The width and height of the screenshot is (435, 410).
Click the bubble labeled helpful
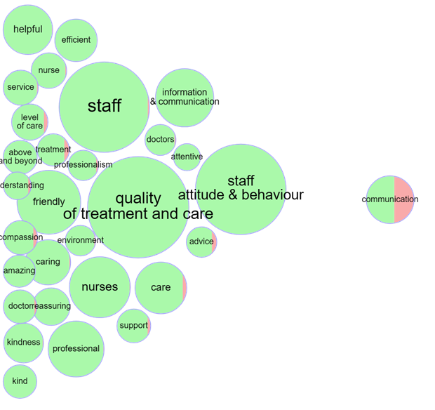[x=27, y=29]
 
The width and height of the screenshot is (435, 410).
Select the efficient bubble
[x=76, y=40]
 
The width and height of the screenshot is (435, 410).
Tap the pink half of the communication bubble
[x=405, y=200]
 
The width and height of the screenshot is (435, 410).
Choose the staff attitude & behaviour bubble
[x=241, y=188]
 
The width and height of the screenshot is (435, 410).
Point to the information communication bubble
[x=185, y=97]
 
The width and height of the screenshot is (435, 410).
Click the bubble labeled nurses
[x=100, y=286]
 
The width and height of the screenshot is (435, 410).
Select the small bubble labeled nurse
[x=49, y=70]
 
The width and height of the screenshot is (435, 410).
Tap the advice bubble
[x=201, y=242]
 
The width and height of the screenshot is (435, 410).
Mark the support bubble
[x=133, y=325]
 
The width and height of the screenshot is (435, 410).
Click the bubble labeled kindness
[x=23, y=343]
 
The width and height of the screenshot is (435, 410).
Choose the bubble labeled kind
[x=20, y=381]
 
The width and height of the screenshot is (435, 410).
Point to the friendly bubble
[x=49, y=202]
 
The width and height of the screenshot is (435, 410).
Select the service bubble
[x=20, y=88]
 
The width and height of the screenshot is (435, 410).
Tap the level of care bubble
[x=29, y=121]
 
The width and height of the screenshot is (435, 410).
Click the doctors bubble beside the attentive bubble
[x=161, y=140]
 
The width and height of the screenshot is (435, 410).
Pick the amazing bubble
[x=18, y=271]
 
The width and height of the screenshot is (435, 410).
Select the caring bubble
[x=48, y=262]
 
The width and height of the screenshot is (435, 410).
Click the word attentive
[x=187, y=157]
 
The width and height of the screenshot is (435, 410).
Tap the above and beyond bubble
[x=19, y=156]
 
